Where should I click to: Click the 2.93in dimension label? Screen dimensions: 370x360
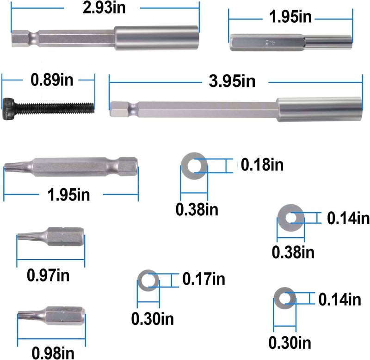pos(104,8)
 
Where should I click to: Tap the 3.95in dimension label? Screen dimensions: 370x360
pos(232,81)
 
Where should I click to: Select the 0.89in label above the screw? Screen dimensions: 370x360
pos(52,80)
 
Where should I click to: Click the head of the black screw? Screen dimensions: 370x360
pos(8,109)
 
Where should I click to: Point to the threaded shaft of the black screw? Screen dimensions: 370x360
pos(54,108)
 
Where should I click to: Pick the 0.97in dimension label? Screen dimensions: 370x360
pos(48,275)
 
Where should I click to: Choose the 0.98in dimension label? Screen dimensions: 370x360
pos(53,353)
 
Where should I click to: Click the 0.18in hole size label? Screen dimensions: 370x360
pos(262,165)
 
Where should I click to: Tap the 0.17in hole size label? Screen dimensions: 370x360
pos(204,279)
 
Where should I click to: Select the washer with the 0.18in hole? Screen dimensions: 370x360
pos(194,166)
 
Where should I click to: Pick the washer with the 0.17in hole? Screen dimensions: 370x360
pos(148,281)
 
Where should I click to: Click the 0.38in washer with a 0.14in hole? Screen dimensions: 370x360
pos(291,218)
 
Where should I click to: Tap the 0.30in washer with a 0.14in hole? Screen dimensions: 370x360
pos(284,298)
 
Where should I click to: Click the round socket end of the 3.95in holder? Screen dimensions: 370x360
pos(319,110)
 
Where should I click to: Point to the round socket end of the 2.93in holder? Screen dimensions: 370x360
pos(156,38)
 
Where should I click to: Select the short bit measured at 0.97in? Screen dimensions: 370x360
pos(51,237)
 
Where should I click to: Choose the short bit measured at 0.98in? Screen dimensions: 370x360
pos(51,316)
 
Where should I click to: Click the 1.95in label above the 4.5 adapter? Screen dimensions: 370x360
pos(290,17)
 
